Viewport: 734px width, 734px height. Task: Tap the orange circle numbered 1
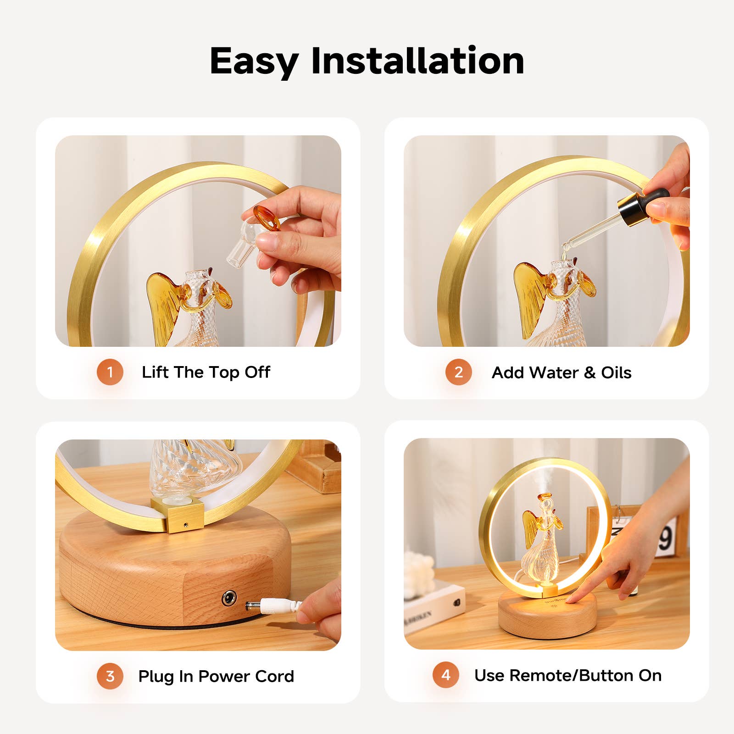(x=110, y=372)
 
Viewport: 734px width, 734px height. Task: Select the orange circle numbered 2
(x=458, y=372)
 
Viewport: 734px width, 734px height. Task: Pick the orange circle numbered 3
(x=110, y=676)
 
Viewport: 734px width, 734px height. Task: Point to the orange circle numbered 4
(x=446, y=675)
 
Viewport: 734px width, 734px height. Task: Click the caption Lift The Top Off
(x=206, y=372)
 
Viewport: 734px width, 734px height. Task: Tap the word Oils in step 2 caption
(x=616, y=373)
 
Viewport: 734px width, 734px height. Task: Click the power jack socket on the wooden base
(x=229, y=598)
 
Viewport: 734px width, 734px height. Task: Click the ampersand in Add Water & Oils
(x=589, y=373)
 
